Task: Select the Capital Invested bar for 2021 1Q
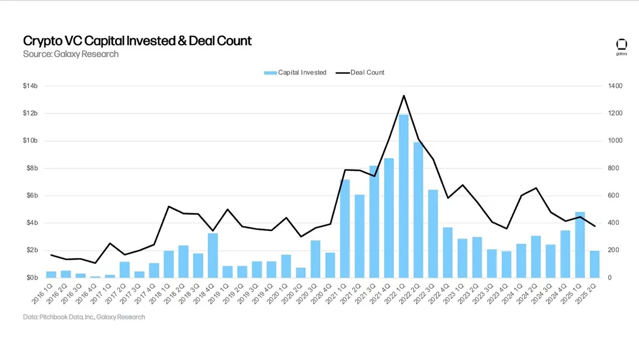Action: coord(345,229)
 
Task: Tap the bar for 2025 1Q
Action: coord(580,245)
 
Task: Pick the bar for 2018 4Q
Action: coord(213,256)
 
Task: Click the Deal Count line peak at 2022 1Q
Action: coord(404,96)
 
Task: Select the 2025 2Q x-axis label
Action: coord(589,293)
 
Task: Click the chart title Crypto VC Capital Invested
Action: coord(137,41)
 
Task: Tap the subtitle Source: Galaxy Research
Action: coord(70,54)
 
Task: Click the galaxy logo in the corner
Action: coord(621,46)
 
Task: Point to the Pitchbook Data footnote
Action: coord(84,317)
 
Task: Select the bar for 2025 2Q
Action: coord(595,264)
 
